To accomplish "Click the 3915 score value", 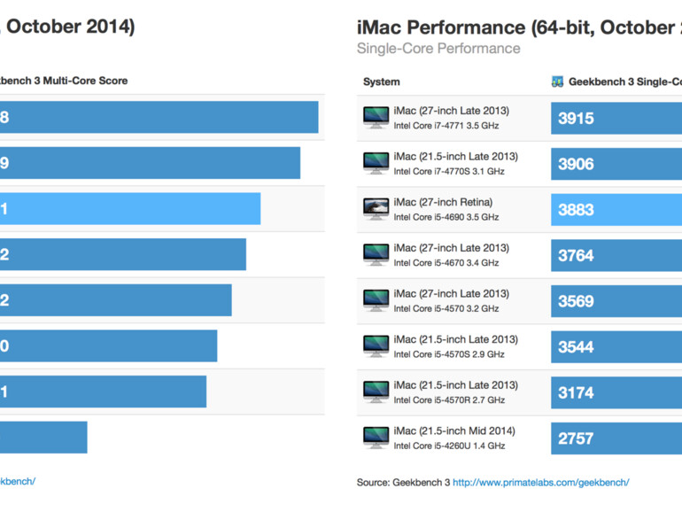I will [576, 118].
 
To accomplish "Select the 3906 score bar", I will [616, 164].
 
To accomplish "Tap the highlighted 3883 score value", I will [576, 210].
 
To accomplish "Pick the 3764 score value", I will [576, 256].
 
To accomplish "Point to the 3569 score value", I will [576, 301].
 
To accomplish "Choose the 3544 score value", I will [576, 347].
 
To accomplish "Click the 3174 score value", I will [576, 392].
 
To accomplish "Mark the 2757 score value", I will [576, 438].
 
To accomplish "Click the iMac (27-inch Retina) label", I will [443, 202].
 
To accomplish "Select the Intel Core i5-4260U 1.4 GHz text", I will [449, 446].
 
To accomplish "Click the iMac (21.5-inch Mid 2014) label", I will [454, 431].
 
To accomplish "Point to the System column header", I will [381, 82].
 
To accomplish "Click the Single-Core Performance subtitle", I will [438, 49].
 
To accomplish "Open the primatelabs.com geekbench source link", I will [541, 482].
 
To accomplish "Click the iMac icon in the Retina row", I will [376, 209].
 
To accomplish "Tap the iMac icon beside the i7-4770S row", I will [376, 163].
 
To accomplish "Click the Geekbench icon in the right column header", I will [557, 82].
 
